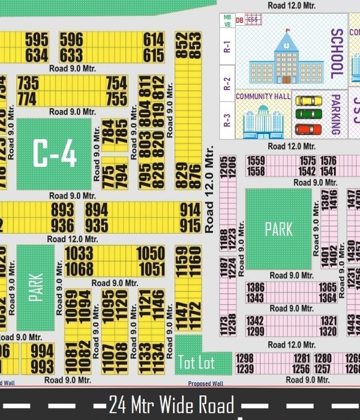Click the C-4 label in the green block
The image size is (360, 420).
click(54, 154)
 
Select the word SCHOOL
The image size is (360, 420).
click(337, 54)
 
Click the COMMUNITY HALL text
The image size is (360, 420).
click(263, 96)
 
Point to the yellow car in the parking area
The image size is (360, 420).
click(309, 100)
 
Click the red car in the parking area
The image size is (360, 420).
click(309, 129)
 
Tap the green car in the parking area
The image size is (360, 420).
click(309, 114)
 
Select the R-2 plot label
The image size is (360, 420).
click(227, 82)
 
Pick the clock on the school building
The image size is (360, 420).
click(285, 43)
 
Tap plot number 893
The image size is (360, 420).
click(62, 209)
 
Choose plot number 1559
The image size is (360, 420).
click(256, 161)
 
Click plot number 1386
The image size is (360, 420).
click(256, 288)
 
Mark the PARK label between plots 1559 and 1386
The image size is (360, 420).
click(278, 229)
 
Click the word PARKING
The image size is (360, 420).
click(336, 113)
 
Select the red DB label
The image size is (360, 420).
click(239, 20)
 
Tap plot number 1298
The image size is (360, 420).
click(245, 358)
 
